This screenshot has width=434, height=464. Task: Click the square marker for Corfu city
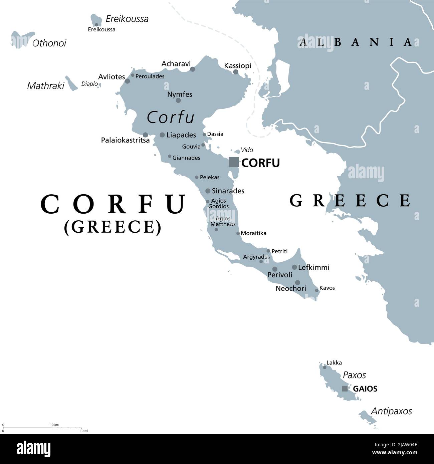(x=234, y=162)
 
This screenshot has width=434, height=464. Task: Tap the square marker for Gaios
(x=345, y=389)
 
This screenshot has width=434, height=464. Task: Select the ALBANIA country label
(x=355, y=42)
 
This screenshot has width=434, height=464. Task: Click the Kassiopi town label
(x=238, y=65)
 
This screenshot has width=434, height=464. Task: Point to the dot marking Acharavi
(x=193, y=69)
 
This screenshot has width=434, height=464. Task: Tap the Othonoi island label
(x=49, y=43)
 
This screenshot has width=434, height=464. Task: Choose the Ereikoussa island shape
(x=96, y=20)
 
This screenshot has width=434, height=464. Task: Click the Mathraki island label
(x=45, y=86)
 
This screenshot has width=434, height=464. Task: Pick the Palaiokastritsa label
(x=125, y=141)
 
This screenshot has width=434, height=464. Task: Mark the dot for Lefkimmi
(x=294, y=267)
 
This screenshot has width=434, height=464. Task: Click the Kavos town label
(x=327, y=288)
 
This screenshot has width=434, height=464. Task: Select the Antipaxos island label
(x=392, y=411)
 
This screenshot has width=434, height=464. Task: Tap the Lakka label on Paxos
(x=334, y=363)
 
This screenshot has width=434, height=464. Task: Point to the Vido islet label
(x=247, y=150)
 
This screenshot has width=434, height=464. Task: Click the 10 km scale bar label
(x=54, y=425)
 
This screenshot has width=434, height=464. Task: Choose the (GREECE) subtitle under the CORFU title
(x=113, y=227)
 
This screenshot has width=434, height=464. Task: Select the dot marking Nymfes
(x=178, y=100)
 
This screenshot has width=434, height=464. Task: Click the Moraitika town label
(x=253, y=233)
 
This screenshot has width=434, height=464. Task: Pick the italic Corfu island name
(x=171, y=117)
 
